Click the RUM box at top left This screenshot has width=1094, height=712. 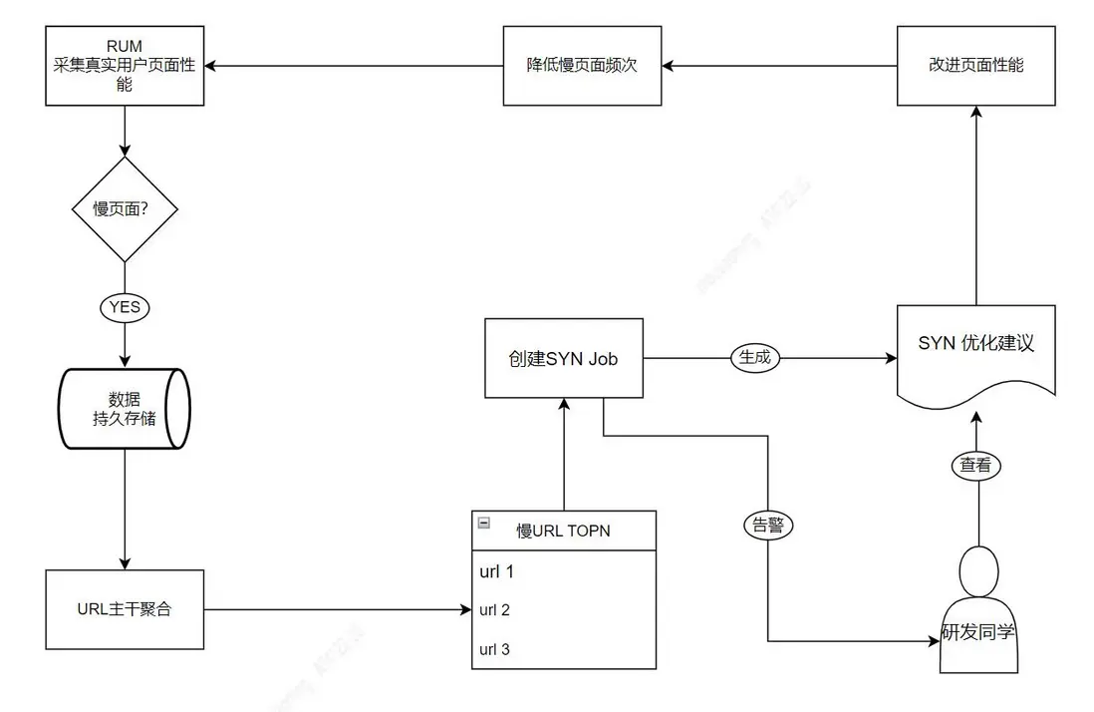coord(125,66)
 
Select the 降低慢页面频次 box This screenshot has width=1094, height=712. coord(582,66)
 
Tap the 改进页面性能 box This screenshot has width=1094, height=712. coord(975,66)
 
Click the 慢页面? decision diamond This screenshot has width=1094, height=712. coord(125,209)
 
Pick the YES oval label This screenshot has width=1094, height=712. coord(125,307)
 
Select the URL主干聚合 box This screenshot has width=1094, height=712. coord(125,608)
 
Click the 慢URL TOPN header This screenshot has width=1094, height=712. coord(563,531)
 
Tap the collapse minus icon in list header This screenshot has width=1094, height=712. coord(484,522)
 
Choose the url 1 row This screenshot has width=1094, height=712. coord(563,571)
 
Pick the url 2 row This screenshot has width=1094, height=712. coord(563,609)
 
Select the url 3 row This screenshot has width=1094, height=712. coord(563,649)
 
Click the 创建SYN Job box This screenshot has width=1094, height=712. coord(563,358)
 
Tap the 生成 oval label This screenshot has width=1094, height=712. coord(754,357)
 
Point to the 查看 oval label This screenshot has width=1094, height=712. coord(975,465)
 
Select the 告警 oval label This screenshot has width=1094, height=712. coord(768,525)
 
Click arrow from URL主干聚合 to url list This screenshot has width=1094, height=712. coord(339,608)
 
